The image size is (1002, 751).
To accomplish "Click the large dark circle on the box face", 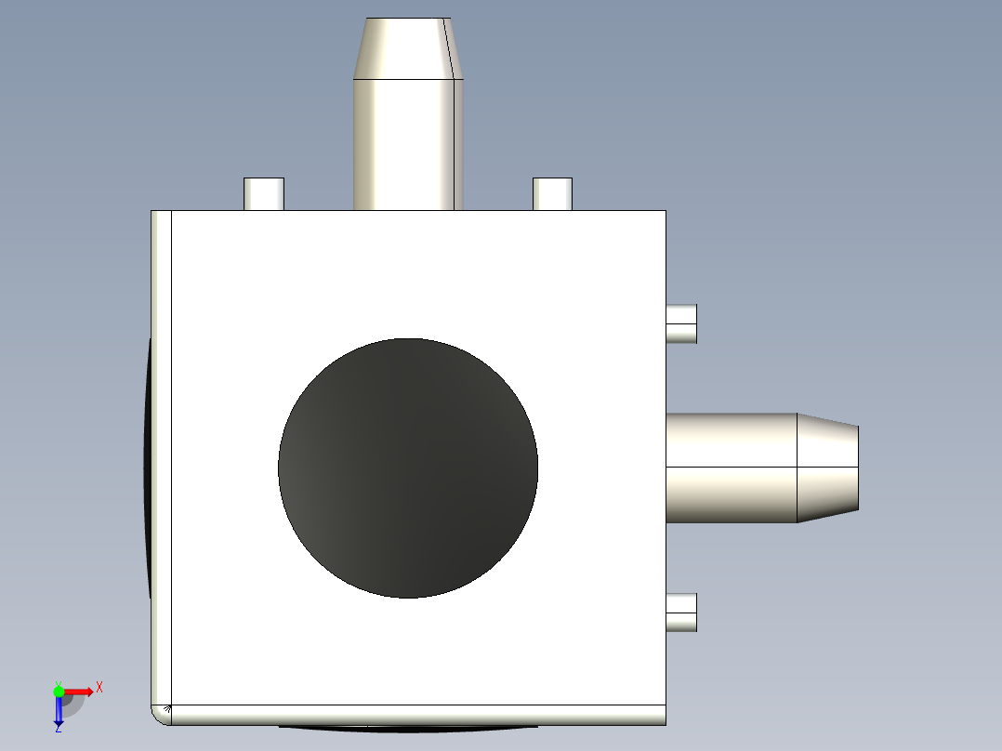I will point(408,468).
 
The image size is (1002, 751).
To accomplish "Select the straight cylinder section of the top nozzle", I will point(407,144).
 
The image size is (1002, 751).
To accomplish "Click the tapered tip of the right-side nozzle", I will point(827,468).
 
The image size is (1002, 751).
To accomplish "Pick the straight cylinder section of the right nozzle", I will point(732,468).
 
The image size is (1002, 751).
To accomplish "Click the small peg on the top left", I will point(264,193).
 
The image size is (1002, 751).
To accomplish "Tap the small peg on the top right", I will point(552,193).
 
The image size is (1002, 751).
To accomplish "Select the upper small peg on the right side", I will point(681,323).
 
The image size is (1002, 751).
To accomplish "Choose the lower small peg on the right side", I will point(681,613).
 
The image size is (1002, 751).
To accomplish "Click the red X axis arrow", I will point(80,691).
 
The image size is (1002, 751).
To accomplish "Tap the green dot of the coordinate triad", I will point(59,691).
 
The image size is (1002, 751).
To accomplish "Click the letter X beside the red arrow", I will point(99,688).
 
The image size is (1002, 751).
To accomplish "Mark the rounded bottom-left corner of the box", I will point(160,715).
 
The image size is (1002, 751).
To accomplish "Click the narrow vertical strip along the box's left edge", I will point(162,455).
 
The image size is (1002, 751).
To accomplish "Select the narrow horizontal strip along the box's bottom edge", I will point(418,715).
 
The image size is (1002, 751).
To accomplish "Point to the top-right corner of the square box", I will point(666,212).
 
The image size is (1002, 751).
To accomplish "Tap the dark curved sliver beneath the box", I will point(409,728).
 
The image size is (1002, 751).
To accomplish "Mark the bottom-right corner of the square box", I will point(666,723).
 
